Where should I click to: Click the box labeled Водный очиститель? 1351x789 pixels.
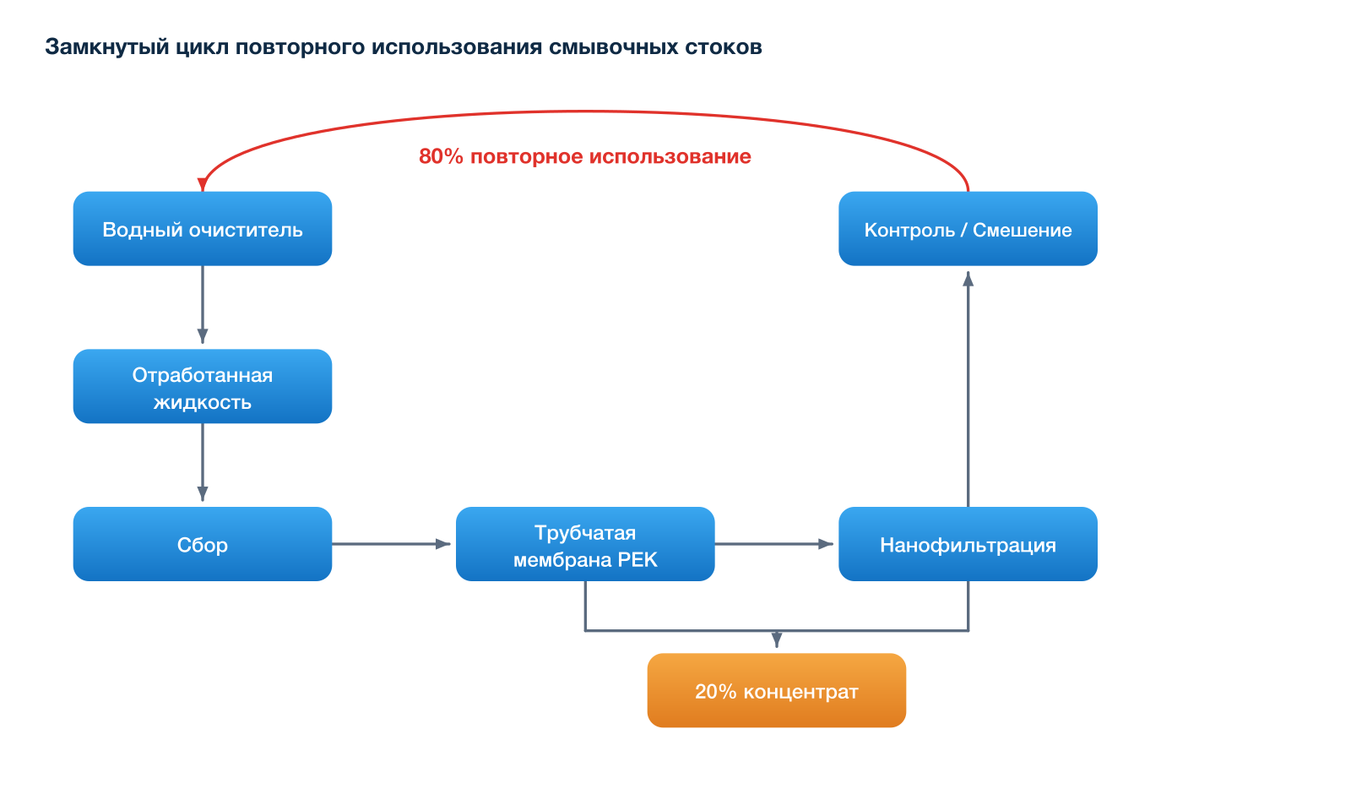[203, 229]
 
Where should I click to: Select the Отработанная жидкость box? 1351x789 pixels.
[203, 386]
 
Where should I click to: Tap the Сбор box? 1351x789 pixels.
[203, 544]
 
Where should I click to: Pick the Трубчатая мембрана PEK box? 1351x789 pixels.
[585, 544]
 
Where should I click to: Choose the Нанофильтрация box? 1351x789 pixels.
[968, 544]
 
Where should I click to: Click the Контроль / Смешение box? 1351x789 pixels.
[968, 229]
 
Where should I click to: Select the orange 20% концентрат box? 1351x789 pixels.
[777, 691]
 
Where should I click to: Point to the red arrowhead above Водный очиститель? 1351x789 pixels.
[203, 185]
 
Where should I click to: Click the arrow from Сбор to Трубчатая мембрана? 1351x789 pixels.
[392, 544]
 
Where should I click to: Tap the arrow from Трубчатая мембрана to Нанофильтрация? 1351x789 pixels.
[774, 544]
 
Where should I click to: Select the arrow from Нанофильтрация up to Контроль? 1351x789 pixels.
[968, 389]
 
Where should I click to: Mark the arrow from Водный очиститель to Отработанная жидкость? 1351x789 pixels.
[203, 305]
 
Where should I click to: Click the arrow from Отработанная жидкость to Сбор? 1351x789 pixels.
[203, 463]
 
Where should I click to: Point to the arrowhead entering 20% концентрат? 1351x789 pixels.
[777, 640]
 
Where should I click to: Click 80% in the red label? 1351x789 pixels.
[441, 156]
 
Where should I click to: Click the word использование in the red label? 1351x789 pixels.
[670, 156]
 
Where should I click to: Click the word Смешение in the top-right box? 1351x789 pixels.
[1023, 230]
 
